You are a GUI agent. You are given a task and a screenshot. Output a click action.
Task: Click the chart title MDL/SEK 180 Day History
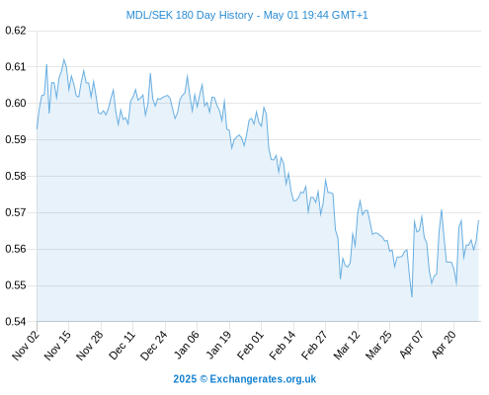coord(190,15)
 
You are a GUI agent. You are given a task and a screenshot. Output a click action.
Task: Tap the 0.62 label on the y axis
coord(16,31)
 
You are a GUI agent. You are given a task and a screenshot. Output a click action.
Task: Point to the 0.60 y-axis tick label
coord(16,104)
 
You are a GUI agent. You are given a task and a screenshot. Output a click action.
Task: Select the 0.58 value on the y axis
coord(16,176)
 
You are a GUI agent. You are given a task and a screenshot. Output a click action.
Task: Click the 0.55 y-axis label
coord(16,285)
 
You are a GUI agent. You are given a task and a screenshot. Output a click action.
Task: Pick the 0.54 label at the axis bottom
coord(16,322)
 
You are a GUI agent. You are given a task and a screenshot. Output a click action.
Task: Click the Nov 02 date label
coord(26,346)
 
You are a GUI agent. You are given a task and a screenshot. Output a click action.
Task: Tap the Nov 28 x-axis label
coord(90,346)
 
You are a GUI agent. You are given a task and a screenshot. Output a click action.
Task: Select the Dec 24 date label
coord(153,346)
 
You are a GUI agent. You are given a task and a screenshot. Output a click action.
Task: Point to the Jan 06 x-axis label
coord(186,345)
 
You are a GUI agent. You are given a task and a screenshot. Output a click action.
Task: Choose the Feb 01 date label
coord(250,345)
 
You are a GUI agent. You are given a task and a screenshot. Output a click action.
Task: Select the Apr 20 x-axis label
coord(444,345)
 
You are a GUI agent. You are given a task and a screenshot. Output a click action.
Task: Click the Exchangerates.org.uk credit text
coord(263,379)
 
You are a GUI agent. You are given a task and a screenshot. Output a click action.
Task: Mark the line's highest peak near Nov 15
coord(63,59)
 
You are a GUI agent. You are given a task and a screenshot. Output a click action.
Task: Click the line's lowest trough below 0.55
coord(412,297)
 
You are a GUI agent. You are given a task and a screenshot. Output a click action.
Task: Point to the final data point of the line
coord(478,220)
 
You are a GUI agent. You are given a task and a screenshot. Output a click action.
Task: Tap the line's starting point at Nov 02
coord(37,128)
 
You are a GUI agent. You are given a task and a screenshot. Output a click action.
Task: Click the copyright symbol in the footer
coord(204,379)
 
